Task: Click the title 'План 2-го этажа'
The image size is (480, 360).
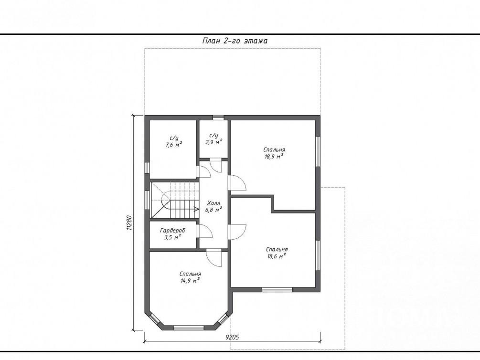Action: point(235,41)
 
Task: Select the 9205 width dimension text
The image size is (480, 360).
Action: point(232,338)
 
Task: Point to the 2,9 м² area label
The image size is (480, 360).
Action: point(213,142)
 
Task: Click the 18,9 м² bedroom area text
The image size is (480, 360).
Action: point(274,157)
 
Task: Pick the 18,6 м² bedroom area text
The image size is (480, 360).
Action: point(277,256)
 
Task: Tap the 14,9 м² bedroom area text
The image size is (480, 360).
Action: point(190,281)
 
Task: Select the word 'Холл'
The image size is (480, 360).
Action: point(213,203)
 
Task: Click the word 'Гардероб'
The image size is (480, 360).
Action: point(172,231)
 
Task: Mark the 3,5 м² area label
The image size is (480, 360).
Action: point(172,237)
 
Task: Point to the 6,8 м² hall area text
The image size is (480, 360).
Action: point(213,210)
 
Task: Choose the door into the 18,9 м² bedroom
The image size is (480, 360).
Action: point(237,182)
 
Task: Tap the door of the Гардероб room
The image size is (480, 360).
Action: point(204,231)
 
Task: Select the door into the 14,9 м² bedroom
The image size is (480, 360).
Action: point(214,257)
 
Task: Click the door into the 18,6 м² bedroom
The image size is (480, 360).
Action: point(237,232)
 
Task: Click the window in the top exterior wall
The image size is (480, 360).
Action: point(218,117)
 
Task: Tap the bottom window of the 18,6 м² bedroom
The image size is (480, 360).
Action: point(277,290)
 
